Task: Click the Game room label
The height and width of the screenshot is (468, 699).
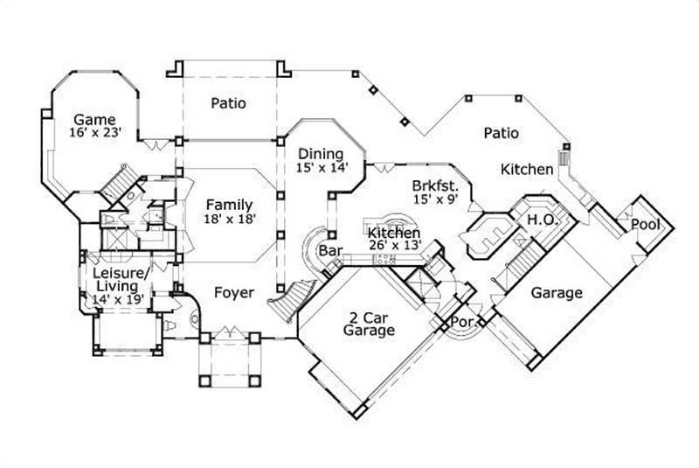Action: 91,120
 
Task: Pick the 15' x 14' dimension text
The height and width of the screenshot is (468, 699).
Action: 322,166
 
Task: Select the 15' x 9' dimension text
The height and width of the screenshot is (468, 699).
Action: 437,200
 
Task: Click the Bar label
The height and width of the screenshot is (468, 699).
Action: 329,250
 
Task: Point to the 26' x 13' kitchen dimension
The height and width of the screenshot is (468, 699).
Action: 394,247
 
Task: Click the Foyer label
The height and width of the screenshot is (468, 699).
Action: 234,293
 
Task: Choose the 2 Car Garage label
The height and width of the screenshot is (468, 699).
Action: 368,323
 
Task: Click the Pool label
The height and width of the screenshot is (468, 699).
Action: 646,226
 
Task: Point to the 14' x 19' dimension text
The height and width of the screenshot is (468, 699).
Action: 119,299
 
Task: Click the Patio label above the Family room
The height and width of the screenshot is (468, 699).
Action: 228,103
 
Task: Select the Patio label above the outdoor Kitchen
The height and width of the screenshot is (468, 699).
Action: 501,134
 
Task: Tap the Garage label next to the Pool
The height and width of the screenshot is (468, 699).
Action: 557,294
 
